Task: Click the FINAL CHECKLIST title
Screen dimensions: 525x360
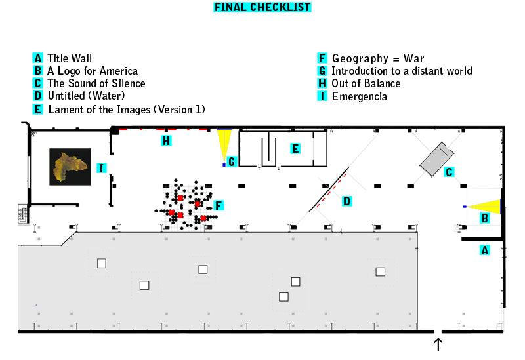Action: [x=262, y=7]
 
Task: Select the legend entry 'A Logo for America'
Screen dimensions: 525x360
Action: [x=93, y=71]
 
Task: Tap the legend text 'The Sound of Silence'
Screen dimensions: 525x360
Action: [x=96, y=83]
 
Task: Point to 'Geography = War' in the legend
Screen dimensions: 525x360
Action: [x=378, y=58]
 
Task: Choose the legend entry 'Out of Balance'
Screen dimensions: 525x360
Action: [x=366, y=83]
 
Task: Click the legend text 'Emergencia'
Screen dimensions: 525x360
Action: [x=360, y=96]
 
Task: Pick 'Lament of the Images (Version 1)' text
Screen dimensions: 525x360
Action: [x=127, y=110]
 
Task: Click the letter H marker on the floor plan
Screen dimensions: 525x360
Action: [x=166, y=141]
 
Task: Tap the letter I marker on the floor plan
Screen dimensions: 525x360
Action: [x=102, y=168]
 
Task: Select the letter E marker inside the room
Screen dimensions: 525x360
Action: [x=295, y=149]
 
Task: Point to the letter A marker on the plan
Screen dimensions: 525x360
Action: [x=484, y=250]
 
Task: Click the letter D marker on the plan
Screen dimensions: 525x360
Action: [x=346, y=201]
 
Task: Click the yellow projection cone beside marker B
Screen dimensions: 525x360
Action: [x=484, y=207]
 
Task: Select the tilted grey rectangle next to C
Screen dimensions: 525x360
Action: [x=437, y=159]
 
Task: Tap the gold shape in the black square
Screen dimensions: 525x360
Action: [x=70, y=167]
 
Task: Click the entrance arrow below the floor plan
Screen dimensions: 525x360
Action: [x=438, y=344]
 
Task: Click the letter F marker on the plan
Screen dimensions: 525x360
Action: [x=219, y=205]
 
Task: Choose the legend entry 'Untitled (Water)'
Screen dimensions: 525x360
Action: [x=87, y=96]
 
